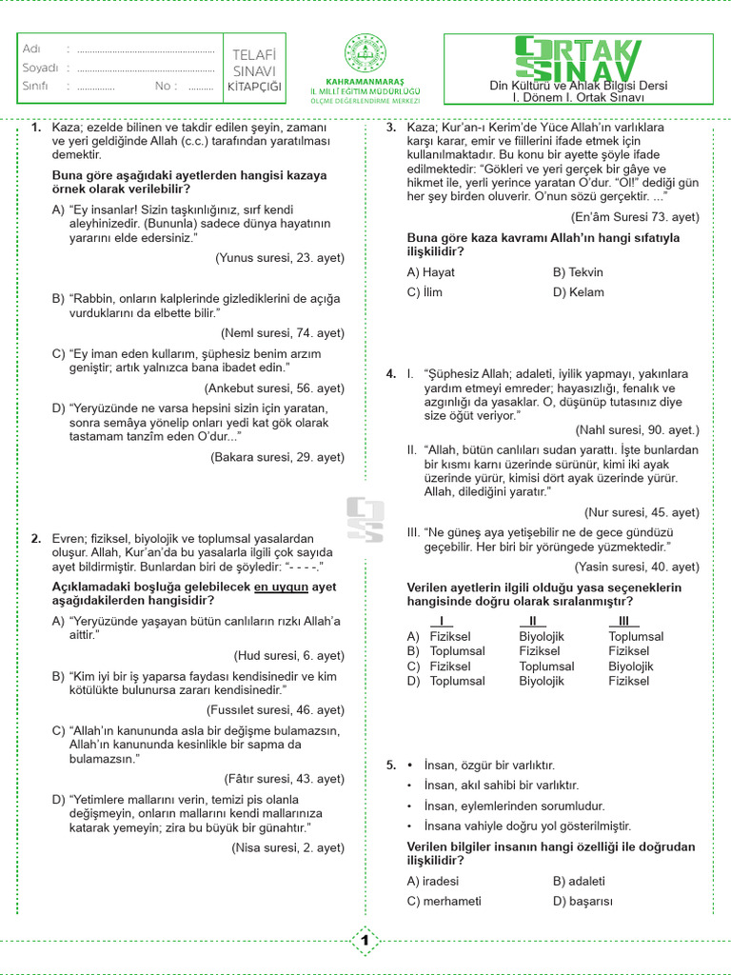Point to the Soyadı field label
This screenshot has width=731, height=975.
coord(40,68)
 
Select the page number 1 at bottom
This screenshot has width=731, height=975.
coord(365,942)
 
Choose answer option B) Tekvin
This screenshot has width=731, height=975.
coord(578,272)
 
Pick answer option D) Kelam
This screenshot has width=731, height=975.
coord(578,292)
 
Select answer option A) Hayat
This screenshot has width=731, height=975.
coord(430,272)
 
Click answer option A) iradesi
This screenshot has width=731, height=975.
coord(433,881)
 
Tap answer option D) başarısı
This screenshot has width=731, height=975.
coord(583,901)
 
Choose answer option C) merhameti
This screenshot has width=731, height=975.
coord(444,901)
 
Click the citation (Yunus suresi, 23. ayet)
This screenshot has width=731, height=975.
coord(280,257)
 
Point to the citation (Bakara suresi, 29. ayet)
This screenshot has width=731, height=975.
coord(277,457)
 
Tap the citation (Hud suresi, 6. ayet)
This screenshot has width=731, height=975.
coord(288,655)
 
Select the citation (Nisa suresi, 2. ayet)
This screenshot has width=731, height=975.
coord(287,847)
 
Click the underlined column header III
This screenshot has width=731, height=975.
coord(625,621)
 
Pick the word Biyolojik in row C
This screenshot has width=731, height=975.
coord(631,667)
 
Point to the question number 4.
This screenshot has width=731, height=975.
coord(391,374)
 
